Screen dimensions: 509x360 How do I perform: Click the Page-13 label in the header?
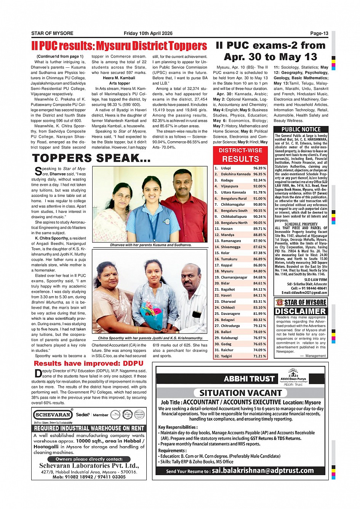(x=319, y=33)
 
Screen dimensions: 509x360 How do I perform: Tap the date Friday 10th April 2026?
(x=148, y=33)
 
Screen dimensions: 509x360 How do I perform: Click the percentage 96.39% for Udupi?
(x=259, y=168)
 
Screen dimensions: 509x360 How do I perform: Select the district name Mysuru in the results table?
(x=227, y=271)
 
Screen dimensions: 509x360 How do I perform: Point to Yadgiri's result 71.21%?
(x=259, y=356)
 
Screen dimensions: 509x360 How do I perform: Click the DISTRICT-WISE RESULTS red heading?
(x=240, y=155)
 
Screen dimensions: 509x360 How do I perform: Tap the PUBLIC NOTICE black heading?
(x=301, y=129)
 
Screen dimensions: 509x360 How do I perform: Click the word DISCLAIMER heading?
(x=301, y=311)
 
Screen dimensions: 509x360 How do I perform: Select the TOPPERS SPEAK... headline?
(x=91, y=158)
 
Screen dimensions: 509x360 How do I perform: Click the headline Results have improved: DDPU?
(x=88, y=363)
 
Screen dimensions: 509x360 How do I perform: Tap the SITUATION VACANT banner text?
(x=240, y=393)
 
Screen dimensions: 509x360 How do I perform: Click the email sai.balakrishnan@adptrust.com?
(x=262, y=471)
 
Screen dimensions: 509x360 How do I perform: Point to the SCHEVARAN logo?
(x=53, y=415)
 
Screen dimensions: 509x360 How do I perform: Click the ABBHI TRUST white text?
(x=249, y=378)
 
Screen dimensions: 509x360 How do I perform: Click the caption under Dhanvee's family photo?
(x=151, y=245)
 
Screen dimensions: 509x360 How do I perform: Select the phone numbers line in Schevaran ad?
(x=89, y=477)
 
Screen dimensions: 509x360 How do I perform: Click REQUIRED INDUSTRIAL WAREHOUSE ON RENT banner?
(x=89, y=428)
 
